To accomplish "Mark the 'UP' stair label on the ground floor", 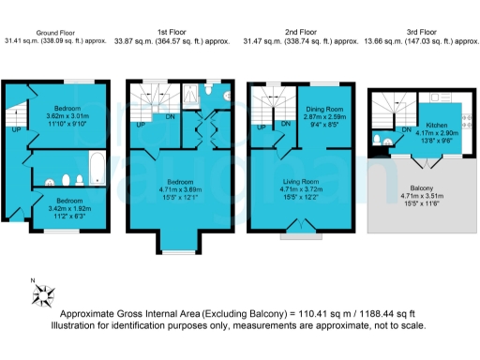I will pos(16,130).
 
